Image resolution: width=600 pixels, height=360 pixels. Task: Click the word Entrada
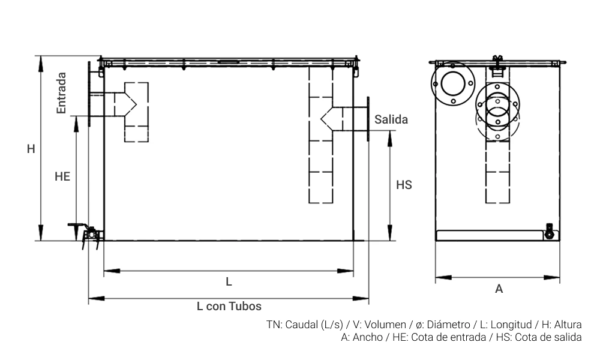tap(61, 93)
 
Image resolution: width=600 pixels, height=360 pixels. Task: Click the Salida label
tap(391, 119)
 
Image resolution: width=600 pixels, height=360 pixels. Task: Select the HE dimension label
tap(62, 176)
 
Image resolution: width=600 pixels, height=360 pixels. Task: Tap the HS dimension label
tap(404, 185)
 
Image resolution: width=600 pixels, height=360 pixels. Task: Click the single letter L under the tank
tap(229, 281)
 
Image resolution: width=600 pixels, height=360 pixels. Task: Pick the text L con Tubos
tap(229, 306)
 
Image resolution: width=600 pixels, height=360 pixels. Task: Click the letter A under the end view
tap(499, 289)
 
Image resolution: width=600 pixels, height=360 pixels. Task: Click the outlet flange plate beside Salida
tap(368, 119)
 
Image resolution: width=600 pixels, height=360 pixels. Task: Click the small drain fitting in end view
tap(548, 231)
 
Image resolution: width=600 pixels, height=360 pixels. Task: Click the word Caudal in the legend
tap(302, 325)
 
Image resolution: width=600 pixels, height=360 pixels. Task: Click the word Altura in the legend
tap(566, 325)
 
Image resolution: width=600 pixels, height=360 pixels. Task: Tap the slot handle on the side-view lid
tap(229, 61)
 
